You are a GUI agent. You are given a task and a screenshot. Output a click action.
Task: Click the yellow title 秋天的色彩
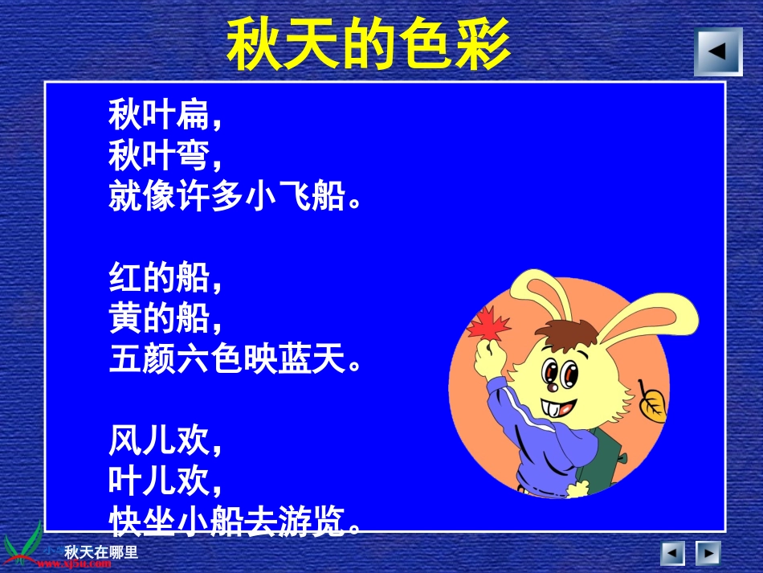click(369, 44)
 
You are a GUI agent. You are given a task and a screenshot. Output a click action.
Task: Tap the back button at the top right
click(718, 51)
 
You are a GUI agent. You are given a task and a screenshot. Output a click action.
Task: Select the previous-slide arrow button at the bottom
click(672, 553)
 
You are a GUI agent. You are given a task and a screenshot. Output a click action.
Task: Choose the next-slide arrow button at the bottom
click(708, 553)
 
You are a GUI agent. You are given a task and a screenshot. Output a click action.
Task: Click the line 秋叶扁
click(165, 115)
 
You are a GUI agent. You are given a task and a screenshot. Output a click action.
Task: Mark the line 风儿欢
click(165, 441)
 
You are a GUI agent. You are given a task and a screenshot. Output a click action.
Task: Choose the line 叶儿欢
click(165, 481)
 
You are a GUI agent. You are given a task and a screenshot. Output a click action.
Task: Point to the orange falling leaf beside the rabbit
click(653, 401)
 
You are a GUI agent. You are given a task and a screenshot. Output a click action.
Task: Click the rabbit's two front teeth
click(553, 406)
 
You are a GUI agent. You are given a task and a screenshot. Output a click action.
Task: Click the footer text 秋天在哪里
click(101, 552)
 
